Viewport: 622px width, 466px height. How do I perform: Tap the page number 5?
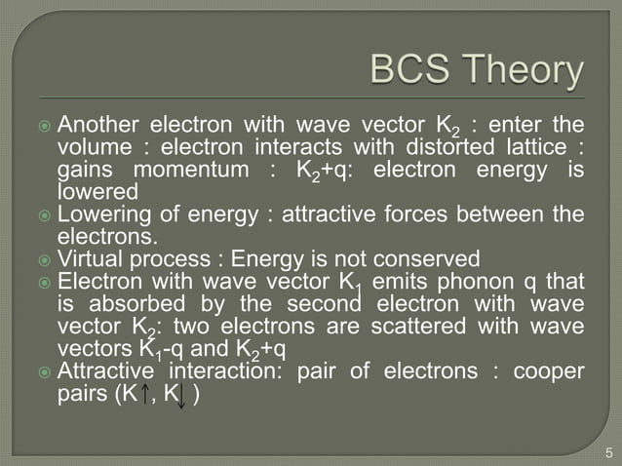click(606, 451)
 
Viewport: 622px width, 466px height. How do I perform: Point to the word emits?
click(409, 283)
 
